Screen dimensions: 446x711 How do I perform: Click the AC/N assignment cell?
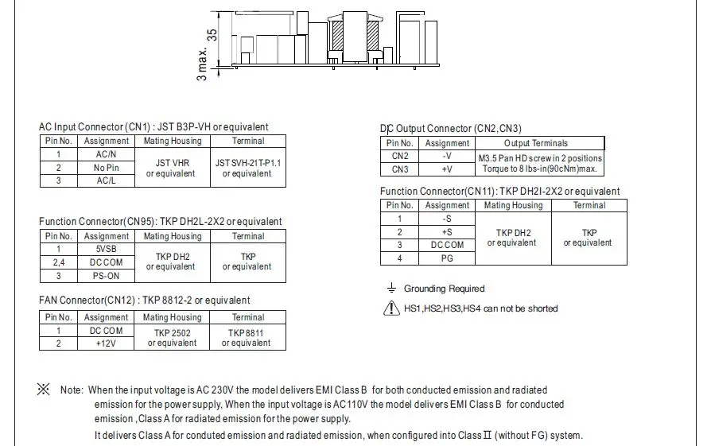[106, 154]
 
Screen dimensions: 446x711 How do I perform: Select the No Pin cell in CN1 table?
[106, 168]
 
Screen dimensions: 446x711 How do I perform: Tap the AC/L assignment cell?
[106, 180]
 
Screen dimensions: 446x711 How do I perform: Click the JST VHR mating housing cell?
[171, 168]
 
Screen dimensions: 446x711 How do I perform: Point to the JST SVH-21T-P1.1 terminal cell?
[248, 168]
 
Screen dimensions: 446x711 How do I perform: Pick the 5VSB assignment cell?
[106, 249]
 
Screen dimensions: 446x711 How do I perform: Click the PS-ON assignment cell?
[106, 275]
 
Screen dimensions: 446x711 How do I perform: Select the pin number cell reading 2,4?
[58, 262]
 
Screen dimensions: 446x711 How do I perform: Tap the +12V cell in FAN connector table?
[106, 343]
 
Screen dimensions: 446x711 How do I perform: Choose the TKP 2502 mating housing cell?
[173, 337]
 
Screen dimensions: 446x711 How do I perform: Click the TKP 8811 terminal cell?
[248, 337]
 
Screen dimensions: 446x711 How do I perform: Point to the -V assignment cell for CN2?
[447, 157]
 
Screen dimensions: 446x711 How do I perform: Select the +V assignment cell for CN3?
[447, 169]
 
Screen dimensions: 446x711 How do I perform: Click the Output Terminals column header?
[540, 143]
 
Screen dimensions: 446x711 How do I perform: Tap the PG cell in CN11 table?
[447, 258]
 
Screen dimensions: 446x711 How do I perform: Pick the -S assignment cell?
[447, 218]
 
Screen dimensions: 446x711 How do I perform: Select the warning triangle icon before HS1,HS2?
[390, 308]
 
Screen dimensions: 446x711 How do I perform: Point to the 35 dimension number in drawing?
[212, 35]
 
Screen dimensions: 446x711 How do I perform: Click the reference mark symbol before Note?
[44, 390]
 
